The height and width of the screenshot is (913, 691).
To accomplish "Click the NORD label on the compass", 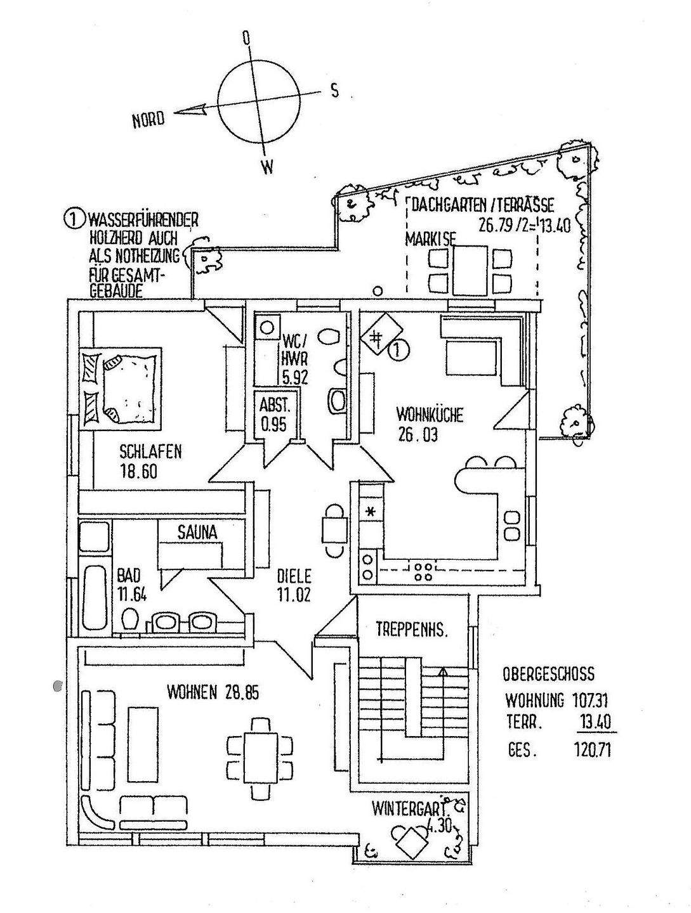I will click(x=148, y=119).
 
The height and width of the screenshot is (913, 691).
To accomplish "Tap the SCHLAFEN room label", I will click(x=150, y=451).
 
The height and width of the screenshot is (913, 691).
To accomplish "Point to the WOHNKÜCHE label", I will click(x=430, y=416).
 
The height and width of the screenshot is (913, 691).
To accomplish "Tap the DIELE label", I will click(x=294, y=576).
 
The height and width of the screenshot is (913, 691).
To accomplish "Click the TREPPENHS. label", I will click(x=412, y=630).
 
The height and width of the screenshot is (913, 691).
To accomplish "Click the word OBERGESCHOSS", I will click(x=548, y=674).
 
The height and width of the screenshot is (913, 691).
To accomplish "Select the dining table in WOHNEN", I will click(x=260, y=758).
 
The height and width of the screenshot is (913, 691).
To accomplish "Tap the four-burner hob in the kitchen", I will click(x=423, y=572).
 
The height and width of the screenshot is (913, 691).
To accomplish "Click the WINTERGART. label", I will click(x=416, y=810).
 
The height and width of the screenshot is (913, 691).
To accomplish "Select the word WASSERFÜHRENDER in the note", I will click(x=143, y=221).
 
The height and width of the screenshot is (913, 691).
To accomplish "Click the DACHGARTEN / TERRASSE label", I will click(x=483, y=205).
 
